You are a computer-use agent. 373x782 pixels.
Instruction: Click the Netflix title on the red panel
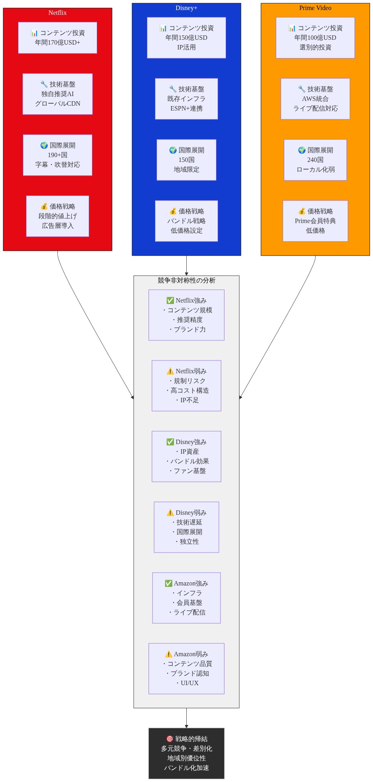coord(57,13)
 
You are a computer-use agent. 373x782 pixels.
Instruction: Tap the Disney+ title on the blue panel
coord(186,8)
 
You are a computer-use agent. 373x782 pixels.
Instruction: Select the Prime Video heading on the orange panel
coord(315,8)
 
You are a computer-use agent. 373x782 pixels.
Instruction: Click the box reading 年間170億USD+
coord(57,38)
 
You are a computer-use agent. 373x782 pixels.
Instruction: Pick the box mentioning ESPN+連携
coord(186,99)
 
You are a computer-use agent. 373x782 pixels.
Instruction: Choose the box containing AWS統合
coord(315,99)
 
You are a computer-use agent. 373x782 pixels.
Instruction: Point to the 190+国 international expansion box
coord(57,155)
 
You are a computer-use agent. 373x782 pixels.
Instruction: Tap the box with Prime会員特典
coord(315,221)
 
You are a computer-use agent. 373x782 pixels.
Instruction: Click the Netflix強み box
coord(186,315)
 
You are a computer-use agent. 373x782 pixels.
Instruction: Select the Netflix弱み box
coord(186,386)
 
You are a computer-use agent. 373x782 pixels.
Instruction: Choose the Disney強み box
coord(186,457)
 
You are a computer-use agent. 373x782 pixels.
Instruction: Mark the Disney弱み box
coord(186,527)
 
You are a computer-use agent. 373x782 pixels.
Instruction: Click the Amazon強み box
coord(186,598)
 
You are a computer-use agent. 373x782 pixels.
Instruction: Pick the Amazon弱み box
coord(186,669)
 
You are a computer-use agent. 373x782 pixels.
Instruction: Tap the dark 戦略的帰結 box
coord(186,753)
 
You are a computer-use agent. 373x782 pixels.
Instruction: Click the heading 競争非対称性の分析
coord(186,280)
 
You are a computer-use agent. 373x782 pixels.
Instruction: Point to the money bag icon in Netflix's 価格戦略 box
coord(44,207)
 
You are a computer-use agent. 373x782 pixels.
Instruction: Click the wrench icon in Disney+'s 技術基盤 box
coord(173,89)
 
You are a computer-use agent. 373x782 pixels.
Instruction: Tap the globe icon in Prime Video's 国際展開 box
coord(302,150)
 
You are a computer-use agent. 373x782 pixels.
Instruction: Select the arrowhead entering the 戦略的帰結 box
coord(186,726)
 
